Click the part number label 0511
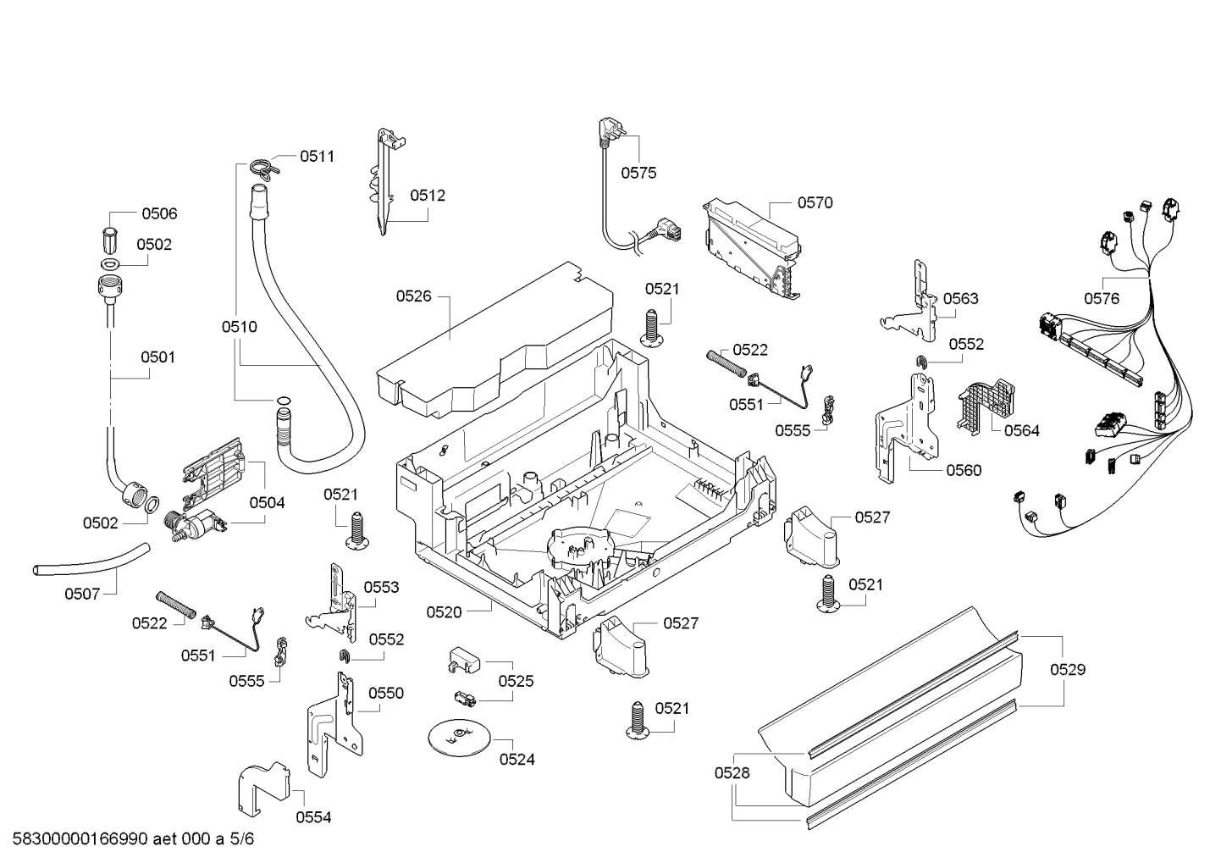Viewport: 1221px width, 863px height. coord(318,157)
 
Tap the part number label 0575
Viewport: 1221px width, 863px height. coord(638,173)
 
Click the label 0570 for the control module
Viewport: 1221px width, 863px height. coord(815,202)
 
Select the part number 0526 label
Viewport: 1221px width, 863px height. coord(413,296)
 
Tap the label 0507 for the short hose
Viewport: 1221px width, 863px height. coord(82,594)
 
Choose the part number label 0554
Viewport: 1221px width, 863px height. coord(313,817)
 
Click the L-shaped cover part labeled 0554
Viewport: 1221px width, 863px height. coord(264,788)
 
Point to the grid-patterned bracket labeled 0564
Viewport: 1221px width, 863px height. coord(986,406)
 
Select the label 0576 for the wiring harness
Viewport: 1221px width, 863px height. coord(1101,298)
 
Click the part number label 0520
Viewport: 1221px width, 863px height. coord(444,612)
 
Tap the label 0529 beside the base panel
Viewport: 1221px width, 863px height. coord(1068,669)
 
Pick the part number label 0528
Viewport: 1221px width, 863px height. coord(732,772)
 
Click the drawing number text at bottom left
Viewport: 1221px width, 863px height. coord(134,839)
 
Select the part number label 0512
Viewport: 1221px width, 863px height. coord(428,195)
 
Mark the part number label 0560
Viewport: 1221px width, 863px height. coord(964,470)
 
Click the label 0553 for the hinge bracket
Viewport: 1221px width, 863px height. coord(381,587)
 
